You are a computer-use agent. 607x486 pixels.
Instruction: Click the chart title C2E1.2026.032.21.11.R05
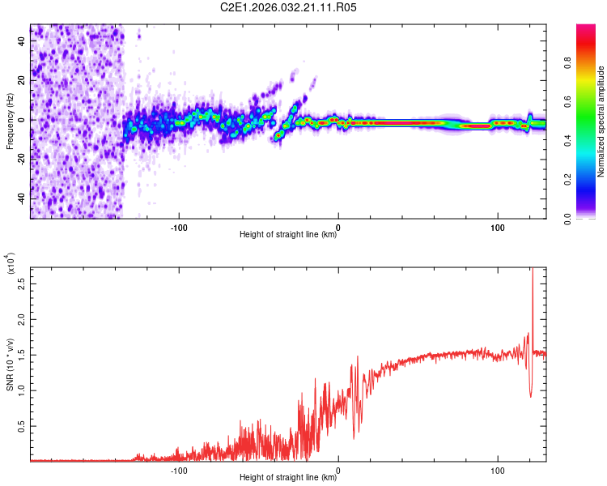tap(288, 7)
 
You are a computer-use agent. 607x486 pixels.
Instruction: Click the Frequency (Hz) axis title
tap(10, 122)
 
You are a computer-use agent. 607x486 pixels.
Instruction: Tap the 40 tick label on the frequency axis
tap(21, 40)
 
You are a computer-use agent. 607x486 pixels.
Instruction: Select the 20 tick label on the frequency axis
tap(21, 80)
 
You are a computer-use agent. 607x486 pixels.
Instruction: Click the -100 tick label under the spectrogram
tap(179, 228)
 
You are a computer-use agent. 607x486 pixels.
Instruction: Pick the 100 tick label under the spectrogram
tap(498, 228)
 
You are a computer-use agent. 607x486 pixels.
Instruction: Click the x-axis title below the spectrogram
tap(288, 234)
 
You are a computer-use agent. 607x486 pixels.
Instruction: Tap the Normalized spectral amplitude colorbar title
tap(601, 122)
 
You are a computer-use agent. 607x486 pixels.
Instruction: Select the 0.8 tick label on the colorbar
tap(567, 63)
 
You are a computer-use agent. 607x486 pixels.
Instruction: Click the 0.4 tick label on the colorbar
tap(567, 141)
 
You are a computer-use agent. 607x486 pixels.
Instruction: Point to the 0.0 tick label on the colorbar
tap(567, 219)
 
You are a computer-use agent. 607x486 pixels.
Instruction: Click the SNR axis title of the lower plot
tap(10, 364)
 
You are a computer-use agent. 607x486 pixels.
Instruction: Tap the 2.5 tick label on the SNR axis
tap(21, 284)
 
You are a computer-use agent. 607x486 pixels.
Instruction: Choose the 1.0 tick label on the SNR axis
tap(21, 390)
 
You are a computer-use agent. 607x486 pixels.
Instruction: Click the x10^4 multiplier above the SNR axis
tap(11, 263)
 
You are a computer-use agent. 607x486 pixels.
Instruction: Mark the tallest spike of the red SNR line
tap(533, 269)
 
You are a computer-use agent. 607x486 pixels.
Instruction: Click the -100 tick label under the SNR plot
tap(179, 471)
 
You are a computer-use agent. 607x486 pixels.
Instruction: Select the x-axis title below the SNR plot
tap(288, 477)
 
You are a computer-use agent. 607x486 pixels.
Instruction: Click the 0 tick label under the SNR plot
tap(338, 471)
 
